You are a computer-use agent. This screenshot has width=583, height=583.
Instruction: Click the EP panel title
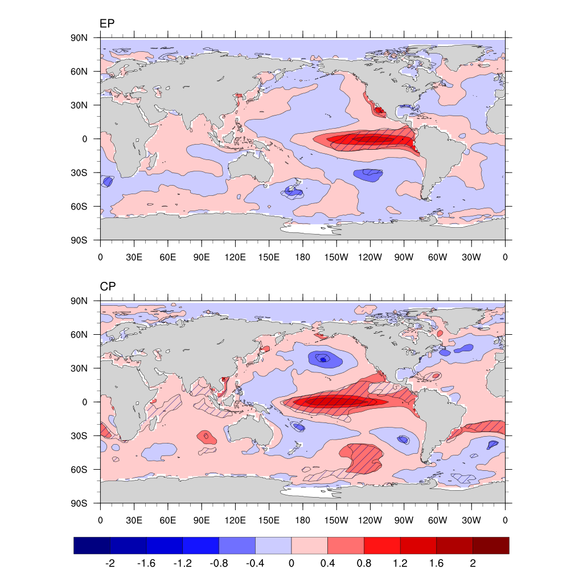[107, 23]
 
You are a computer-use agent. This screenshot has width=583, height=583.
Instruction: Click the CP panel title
[108, 286]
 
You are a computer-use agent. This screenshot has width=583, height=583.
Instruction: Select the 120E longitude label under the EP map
[235, 257]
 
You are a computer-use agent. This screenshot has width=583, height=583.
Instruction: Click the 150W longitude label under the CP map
[336, 520]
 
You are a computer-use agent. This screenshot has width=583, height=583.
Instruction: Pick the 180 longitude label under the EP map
[302, 257]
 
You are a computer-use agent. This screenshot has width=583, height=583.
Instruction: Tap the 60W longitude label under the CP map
[437, 520]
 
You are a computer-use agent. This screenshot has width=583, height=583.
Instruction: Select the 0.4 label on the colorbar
[327, 564]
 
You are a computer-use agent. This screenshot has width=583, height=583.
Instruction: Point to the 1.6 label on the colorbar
[436, 564]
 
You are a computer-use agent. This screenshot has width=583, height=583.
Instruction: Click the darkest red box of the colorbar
[491, 545]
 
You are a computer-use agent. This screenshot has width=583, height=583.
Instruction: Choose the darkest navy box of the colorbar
[92, 545]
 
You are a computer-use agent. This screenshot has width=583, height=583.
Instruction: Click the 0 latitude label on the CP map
[84, 402]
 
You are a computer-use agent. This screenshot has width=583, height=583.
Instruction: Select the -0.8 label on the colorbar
[218, 564]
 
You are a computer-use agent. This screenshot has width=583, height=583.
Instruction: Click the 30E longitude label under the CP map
[134, 520]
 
